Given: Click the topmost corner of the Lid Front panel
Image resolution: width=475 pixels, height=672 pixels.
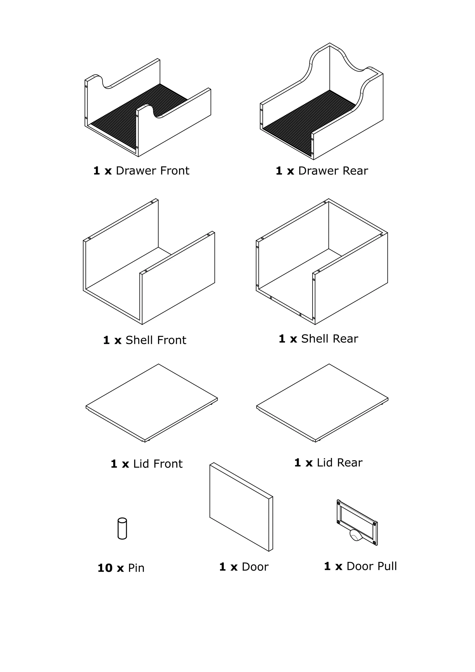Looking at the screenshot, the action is tap(159, 364).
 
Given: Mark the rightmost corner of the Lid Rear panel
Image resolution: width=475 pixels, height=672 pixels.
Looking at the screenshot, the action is tap(388, 399).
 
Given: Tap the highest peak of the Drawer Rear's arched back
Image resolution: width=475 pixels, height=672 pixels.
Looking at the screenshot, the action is tap(330, 43).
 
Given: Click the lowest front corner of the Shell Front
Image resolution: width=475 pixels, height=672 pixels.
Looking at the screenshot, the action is tap(142, 324).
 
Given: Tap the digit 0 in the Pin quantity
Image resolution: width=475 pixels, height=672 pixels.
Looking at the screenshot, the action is tap(109, 568).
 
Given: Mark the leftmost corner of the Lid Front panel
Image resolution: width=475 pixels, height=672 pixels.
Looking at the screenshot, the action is tap(86, 406).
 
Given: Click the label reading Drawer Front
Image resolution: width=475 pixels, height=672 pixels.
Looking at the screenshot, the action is tap(141, 171).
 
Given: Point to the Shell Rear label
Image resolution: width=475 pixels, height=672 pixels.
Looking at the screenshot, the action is tap(319, 339).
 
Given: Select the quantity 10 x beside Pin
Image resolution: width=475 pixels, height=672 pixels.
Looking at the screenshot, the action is tap(111, 568).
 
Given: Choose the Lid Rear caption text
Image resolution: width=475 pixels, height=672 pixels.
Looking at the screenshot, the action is tap(328, 463).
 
